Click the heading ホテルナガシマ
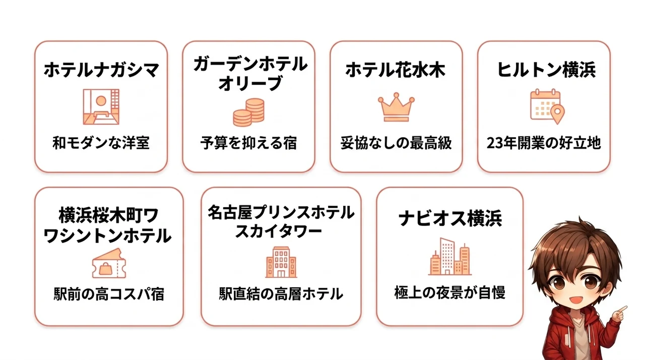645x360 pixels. (x=101, y=70)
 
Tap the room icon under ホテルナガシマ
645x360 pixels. (x=101, y=106)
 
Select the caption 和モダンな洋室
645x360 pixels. (x=101, y=143)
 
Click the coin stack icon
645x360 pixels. (x=249, y=112)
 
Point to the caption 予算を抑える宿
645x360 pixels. (x=248, y=143)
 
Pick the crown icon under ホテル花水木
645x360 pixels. (x=396, y=107)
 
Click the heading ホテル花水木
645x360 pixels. (x=396, y=70)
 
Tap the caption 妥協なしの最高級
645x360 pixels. (x=396, y=143)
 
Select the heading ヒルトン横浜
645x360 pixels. (x=546, y=70)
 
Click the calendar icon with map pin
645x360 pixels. (x=547, y=106)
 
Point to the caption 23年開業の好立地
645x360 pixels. (x=544, y=143)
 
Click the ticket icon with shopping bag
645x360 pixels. (x=109, y=263)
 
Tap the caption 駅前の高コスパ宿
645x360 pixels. (x=109, y=294)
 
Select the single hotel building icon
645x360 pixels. (x=281, y=262)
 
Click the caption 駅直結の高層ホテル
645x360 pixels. (x=281, y=294)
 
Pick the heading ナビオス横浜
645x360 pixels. (x=450, y=219)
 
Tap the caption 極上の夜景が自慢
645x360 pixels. (x=450, y=293)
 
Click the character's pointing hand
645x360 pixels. (x=619, y=314)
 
